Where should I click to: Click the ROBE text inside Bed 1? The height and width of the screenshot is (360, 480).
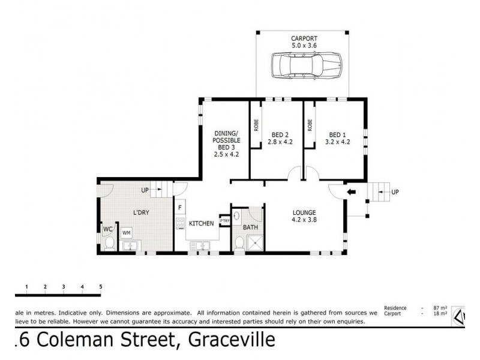coord(310,125)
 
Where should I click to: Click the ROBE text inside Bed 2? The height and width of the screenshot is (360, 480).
coord(256,125)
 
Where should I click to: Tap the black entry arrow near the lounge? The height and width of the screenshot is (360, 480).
coord(352,193)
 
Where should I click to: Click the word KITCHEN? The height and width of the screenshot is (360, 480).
coord(202,223)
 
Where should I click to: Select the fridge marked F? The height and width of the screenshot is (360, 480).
coord(179,208)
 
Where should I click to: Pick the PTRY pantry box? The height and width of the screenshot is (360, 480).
coord(225,221)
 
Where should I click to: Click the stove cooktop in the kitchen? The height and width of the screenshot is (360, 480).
coord(179,223)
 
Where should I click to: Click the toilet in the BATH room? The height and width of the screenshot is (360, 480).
coord(239,242)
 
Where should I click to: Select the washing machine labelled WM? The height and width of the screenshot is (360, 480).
coord(127,232)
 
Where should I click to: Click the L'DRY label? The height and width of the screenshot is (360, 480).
coord(142,212)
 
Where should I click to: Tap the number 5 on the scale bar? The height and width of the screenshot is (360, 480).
coord(101,287)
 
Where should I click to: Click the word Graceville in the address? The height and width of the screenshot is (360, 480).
coord(232,341)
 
